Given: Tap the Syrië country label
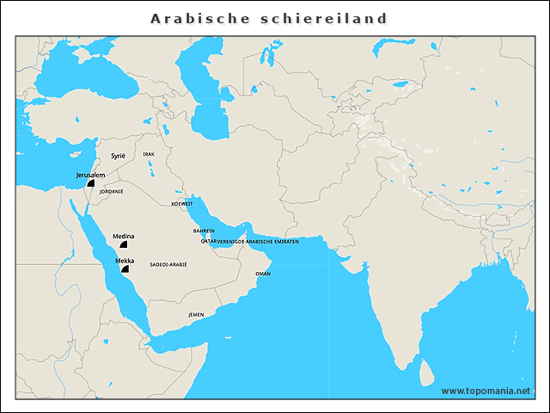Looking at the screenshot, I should click(118, 156).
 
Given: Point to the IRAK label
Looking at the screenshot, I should click(149, 154).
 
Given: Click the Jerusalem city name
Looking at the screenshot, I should click(90, 175).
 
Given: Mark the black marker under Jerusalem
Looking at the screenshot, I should click(90, 184).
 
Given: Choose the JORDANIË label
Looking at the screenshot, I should click(111, 191).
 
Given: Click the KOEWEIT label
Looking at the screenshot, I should click(182, 204).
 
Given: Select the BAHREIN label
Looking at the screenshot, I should click(204, 231).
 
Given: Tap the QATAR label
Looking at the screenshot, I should click(208, 242).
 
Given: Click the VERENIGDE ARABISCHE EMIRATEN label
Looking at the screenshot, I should click(258, 242).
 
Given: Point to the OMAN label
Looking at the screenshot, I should click(263, 273).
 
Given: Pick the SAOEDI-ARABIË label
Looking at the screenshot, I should click(168, 265).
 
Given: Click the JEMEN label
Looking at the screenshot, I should click(196, 315).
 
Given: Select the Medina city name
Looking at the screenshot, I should click(124, 236).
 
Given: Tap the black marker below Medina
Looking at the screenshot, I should click(124, 245).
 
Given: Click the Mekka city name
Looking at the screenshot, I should click(124, 259).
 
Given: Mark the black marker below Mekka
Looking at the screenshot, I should click(125, 268).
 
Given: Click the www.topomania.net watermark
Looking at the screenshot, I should click(486, 391).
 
